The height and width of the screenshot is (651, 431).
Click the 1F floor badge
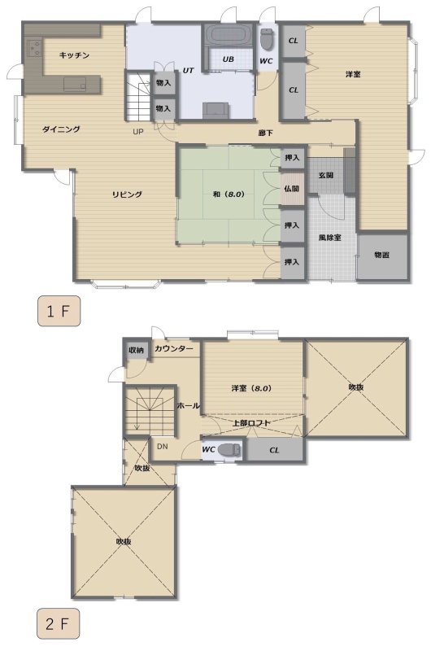click(59, 311)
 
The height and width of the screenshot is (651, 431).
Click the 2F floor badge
click(58, 623)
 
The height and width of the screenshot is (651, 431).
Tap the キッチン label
click(74, 55)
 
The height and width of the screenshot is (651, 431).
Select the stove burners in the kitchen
click(34, 48)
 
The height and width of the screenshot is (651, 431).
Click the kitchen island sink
click(75, 85)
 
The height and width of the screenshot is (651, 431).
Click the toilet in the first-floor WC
click(266, 39)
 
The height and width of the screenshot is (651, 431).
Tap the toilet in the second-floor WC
click(229, 450)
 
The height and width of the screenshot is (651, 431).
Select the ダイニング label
click(61, 129)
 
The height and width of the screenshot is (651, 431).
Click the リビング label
click(127, 194)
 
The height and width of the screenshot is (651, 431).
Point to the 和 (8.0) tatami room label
click(229, 194)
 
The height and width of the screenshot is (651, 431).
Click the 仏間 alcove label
click(292, 189)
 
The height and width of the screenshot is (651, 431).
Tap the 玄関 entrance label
click(326, 175)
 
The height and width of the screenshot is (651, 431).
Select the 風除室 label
click(330, 238)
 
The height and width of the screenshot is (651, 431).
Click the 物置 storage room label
click(381, 255)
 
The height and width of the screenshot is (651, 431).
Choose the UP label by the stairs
click(138, 132)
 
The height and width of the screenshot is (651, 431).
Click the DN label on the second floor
click(162, 446)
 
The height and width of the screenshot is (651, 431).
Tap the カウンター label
click(174, 349)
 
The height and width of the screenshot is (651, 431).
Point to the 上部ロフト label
click(251, 423)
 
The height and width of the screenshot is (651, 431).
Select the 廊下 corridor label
click(265, 133)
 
